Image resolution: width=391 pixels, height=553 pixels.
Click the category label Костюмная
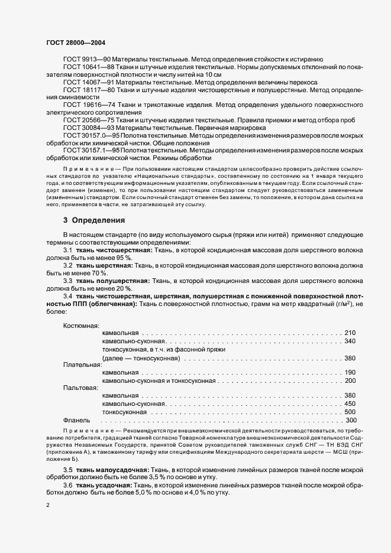(81, 326)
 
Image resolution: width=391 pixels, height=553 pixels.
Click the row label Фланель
(77, 420)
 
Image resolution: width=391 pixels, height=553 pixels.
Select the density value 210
(350, 333)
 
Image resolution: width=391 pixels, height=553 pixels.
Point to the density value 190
(350, 373)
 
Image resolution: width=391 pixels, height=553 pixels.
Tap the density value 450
(350, 404)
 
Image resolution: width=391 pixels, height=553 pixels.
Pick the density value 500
(350, 412)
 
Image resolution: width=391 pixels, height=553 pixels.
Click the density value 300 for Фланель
(351, 420)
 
